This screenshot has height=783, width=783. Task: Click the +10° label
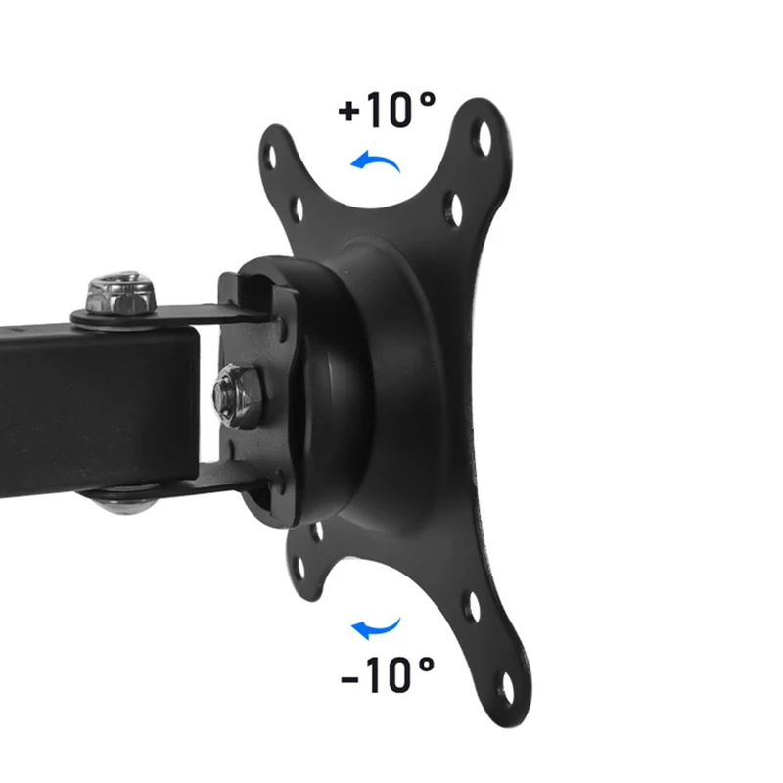pyautogui.click(x=387, y=110)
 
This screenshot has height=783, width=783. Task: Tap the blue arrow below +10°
pyautogui.click(x=377, y=161)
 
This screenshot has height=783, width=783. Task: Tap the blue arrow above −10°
pyautogui.click(x=377, y=627)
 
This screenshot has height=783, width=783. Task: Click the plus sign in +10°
pyautogui.click(x=349, y=110)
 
